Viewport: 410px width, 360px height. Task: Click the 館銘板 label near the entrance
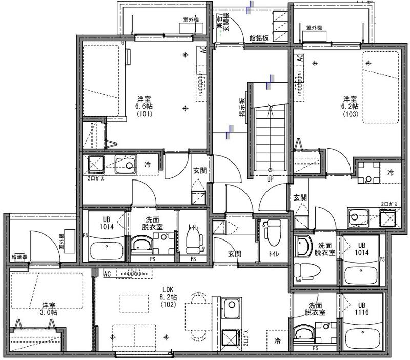point(259,37)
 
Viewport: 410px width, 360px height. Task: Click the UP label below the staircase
point(270,179)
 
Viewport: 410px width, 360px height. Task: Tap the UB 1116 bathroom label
point(362,308)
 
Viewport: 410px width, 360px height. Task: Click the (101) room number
point(144,114)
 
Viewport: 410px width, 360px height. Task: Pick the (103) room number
point(350,114)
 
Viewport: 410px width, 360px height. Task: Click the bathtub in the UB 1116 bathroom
point(363,338)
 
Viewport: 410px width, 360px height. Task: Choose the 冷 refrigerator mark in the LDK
point(278,341)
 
